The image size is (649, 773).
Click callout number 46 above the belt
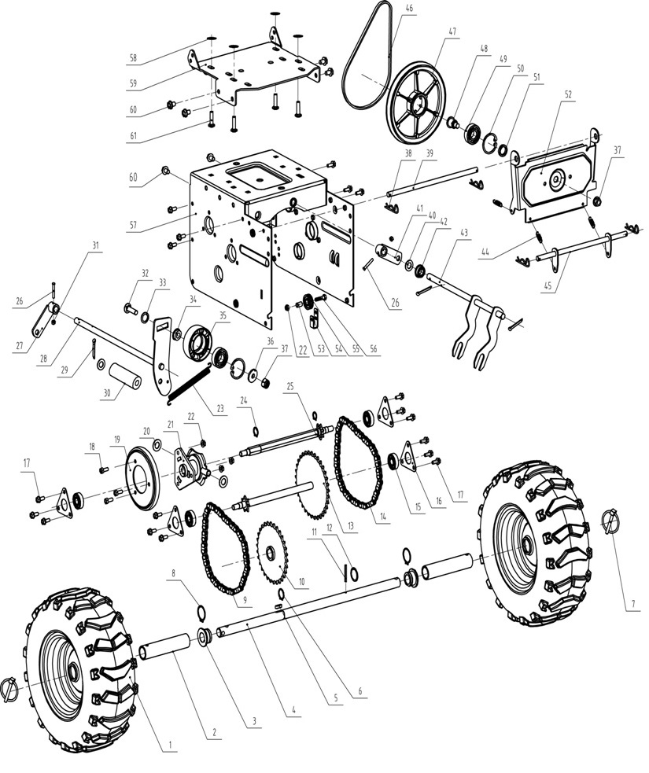pos(408,8)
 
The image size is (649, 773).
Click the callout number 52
pos(567,94)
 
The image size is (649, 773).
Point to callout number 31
pos(96,246)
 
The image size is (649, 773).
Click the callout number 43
pos(463,233)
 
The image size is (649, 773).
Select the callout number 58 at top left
pos(133,57)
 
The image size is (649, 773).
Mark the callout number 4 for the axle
pos(293,710)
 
